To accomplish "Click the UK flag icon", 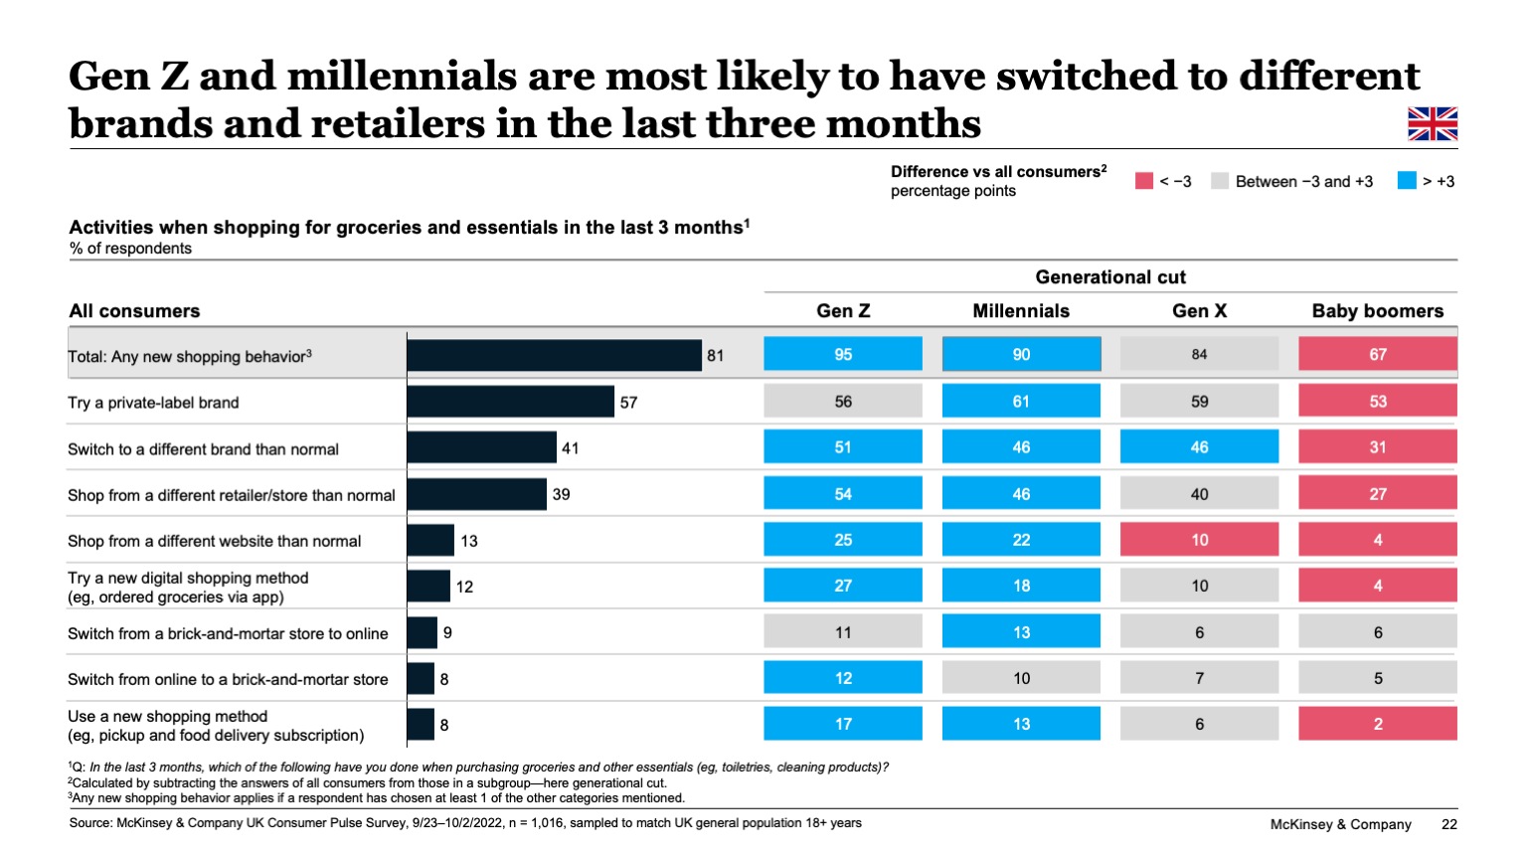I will pos(1432,124).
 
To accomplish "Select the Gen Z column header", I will pos(843,310).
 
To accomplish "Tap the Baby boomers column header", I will pos(1377,310).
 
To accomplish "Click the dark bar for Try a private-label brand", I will pos(510,402).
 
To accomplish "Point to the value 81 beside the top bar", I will pos(715,355).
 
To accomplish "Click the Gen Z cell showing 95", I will pos(843,354).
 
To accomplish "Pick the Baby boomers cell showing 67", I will pos(1377,354).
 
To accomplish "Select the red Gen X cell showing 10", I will pos(1199,540).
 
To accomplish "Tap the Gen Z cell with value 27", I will pos(843,586).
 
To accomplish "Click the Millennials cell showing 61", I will pos(1021,402).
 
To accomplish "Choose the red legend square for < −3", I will pos(1144,181).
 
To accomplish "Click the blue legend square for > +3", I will pos(1406,181).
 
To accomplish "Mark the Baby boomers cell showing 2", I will pos(1377,724).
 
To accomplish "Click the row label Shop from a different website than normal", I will pos(214,541).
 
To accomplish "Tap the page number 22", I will pos(1448,824).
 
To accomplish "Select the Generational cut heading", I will pos(1110,277).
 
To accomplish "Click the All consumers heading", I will pos(134,311).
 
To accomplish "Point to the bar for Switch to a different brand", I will pos(481,447).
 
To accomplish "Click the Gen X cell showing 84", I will pos(1199,354).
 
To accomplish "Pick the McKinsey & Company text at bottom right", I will pos(1340,824).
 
